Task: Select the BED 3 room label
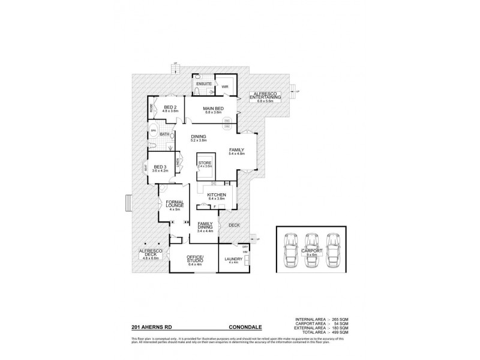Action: [160, 167]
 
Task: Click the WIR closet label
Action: [225, 87]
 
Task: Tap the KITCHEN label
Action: [216, 196]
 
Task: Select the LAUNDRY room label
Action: [232, 259]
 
